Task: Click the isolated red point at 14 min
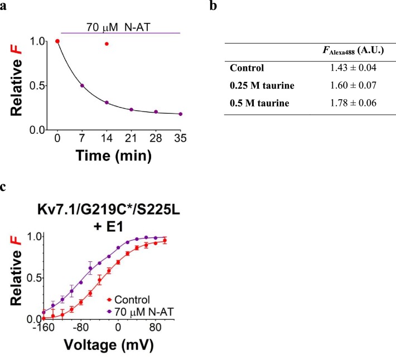(107, 43)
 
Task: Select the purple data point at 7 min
(82, 86)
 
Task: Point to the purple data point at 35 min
(180, 114)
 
